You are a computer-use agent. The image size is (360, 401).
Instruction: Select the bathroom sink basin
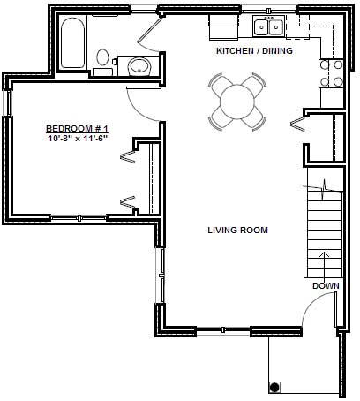point(139,66)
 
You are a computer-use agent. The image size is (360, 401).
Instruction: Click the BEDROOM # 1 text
point(77,128)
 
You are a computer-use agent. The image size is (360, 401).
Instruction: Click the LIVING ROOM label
point(237,231)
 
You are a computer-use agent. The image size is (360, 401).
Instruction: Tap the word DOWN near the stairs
point(325,285)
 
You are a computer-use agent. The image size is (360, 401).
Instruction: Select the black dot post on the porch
point(274,388)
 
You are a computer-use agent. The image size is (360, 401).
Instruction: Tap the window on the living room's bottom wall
point(222,331)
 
